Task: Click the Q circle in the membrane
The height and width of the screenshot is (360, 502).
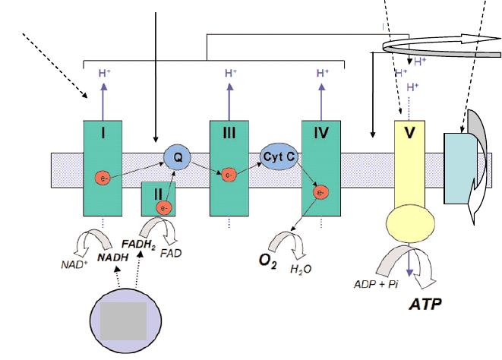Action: click(177, 157)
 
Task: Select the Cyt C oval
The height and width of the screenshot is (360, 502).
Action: click(277, 155)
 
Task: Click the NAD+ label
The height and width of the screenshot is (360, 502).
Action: click(73, 265)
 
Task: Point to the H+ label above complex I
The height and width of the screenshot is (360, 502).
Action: click(104, 73)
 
